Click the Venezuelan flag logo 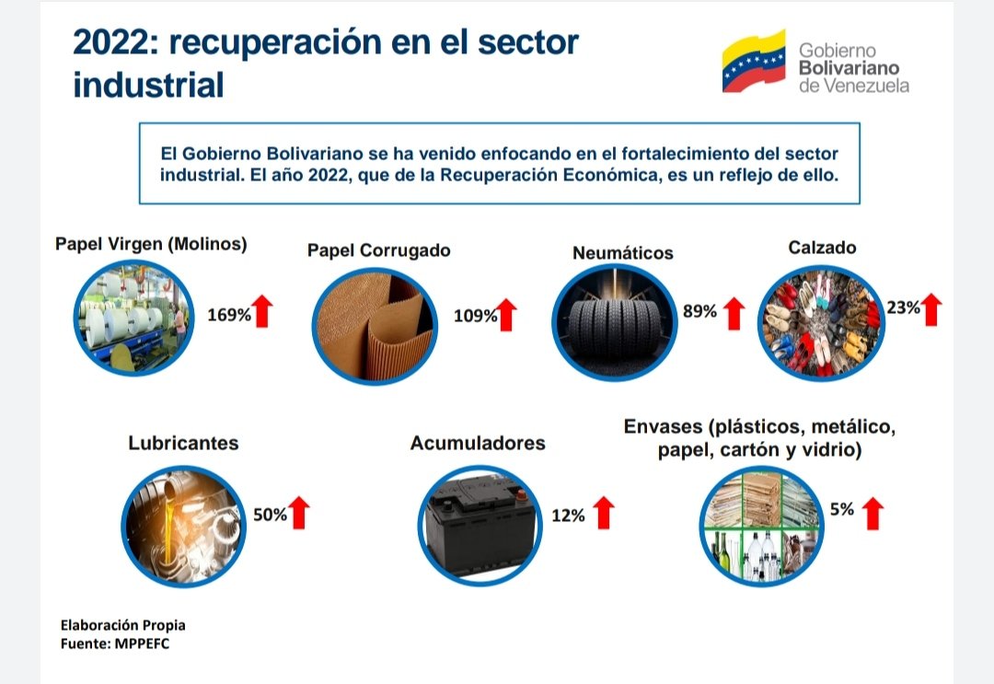[x=754, y=61]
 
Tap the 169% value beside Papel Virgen [x=229, y=315]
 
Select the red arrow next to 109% [x=506, y=315]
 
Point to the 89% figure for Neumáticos [x=699, y=311]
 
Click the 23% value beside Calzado [x=903, y=307]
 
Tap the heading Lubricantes [x=183, y=443]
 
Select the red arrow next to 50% [x=298, y=512]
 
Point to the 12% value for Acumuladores [x=568, y=516]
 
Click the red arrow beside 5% [x=873, y=512]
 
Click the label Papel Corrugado [x=379, y=250]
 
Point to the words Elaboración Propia [x=122, y=625]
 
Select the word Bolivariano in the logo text [x=849, y=67]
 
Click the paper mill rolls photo [x=134, y=319]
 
